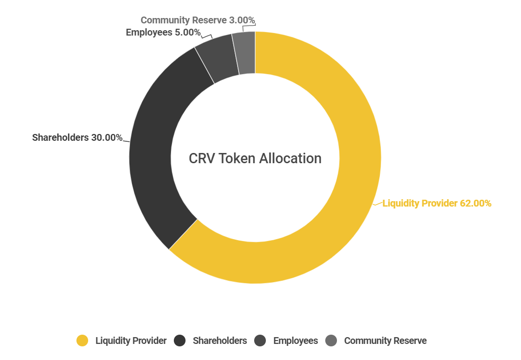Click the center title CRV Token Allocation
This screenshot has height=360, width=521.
point(255,158)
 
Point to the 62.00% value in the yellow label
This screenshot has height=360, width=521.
point(476,204)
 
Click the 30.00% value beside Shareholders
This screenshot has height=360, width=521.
point(107,137)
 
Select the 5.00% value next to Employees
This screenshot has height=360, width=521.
point(187,33)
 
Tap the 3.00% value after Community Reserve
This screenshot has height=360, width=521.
point(242,20)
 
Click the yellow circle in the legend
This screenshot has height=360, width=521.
point(82,341)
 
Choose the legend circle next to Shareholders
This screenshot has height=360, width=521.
point(180,341)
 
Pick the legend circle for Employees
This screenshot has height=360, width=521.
point(260,341)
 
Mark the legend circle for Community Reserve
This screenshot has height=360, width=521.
point(331,341)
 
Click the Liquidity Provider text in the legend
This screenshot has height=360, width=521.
point(131,341)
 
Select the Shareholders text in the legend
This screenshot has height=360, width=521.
point(220,341)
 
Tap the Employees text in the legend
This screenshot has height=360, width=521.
point(296,341)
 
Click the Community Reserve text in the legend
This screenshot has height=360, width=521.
point(385,341)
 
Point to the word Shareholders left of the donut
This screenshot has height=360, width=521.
point(60,137)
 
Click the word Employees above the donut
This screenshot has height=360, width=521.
point(149,33)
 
